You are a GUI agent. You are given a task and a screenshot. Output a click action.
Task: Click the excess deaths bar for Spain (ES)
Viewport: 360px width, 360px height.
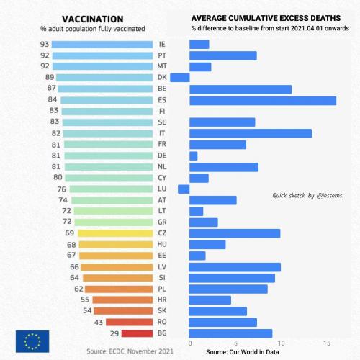[x=263, y=101]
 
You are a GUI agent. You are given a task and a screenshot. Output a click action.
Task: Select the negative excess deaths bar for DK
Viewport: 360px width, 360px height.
[x=180, y=78]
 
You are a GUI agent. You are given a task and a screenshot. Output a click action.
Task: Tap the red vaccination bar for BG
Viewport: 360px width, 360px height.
[x=137, y=333]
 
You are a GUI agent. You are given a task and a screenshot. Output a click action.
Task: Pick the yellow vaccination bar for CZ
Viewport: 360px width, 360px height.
[x=115, y=233]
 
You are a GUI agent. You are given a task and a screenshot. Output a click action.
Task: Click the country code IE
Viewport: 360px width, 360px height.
[x=162, y=44]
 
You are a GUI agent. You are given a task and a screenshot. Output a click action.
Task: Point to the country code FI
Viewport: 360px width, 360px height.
[x=162, y=111]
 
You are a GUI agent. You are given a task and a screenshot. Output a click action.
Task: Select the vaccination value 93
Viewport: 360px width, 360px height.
[x=45, y=44]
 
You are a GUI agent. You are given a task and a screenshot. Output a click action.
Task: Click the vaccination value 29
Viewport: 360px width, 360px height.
[x=114, y=333]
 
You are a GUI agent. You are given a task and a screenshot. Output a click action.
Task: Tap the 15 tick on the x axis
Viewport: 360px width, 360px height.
[x=327, y=343]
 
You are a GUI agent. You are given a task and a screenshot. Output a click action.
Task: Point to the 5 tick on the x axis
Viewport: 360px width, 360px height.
[x=235, y=343]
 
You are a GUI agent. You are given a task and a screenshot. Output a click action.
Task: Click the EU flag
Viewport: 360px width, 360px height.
[x=32, y=341]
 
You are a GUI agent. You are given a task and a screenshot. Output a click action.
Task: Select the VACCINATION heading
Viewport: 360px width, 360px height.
[x=93, y=19]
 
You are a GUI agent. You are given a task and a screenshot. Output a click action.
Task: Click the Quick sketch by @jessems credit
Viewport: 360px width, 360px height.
[x=307, y=196]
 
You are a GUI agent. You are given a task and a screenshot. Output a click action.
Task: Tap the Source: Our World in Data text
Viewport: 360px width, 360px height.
[x=243, y=352]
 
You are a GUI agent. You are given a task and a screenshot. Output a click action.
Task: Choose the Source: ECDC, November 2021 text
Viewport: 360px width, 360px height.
[x=130, y=351]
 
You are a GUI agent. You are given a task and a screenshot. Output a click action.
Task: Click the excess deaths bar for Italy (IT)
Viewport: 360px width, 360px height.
[x=251, y=133]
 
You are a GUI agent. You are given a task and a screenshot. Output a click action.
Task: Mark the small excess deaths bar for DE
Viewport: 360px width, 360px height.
[x=194, y=156]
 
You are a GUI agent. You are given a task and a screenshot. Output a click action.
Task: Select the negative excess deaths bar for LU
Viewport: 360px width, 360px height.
[x=184, y=189]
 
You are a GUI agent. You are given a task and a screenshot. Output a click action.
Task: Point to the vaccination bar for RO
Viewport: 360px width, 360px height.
[x=130, y=322]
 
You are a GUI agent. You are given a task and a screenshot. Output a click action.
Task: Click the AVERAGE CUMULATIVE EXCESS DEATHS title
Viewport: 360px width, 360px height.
[x=266, y=18]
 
